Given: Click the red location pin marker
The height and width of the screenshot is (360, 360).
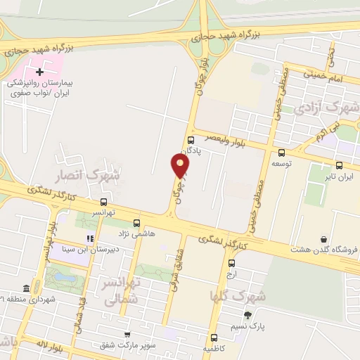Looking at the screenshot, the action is [181, 166].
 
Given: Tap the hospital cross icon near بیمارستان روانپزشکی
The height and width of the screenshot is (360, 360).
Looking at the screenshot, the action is [40, 72].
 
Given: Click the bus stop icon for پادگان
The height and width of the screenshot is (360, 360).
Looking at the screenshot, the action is [191, 140].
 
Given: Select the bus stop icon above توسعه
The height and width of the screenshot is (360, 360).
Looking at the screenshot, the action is [282, 153].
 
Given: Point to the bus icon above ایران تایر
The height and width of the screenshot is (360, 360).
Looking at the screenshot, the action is [340, 166].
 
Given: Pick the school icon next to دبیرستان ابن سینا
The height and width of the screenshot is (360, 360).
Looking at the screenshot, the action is [89, 238].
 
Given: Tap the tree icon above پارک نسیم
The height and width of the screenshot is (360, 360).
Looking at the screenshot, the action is [247, 315].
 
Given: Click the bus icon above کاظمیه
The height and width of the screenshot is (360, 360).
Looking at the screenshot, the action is [214, 337].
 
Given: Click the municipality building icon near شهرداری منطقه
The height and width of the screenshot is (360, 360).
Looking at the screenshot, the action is [27, 288].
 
